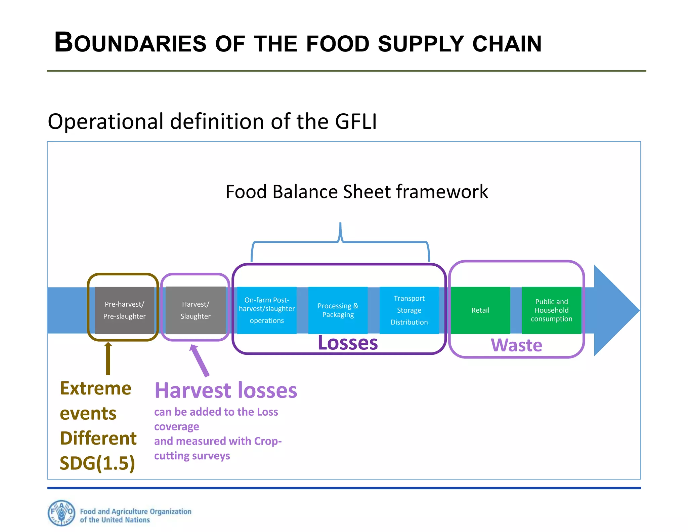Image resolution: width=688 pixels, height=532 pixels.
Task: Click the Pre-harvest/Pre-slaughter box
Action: click(124, 310)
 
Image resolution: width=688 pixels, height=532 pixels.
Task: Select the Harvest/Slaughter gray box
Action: click(196, 310)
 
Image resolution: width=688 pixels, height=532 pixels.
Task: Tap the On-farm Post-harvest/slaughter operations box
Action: click(267, 310)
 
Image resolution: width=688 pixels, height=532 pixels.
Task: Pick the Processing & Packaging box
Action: click(338, 310)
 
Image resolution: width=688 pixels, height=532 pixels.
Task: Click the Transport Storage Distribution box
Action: click(409, 310)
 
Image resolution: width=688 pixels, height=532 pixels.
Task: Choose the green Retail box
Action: click(480, 310)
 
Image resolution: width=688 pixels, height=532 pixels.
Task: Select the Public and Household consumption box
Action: click(552, 310)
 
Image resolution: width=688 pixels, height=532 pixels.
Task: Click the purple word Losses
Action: click(348, 343)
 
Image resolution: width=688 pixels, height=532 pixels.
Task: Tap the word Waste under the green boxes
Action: click(517, 345)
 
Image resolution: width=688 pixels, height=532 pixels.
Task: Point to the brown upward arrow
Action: click(108, 358)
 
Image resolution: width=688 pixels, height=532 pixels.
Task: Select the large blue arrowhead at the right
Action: click(615, 310)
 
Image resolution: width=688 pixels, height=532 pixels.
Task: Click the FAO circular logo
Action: click(61, 513)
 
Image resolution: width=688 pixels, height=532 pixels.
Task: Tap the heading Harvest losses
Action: click(226, 391)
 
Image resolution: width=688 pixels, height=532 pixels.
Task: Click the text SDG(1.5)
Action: click(97, 463)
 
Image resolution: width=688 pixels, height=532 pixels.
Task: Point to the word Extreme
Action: click(96, 389)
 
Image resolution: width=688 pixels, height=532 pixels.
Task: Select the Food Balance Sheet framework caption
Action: click(357, 192)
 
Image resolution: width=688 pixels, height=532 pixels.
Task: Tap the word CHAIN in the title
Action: click(507, 44)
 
